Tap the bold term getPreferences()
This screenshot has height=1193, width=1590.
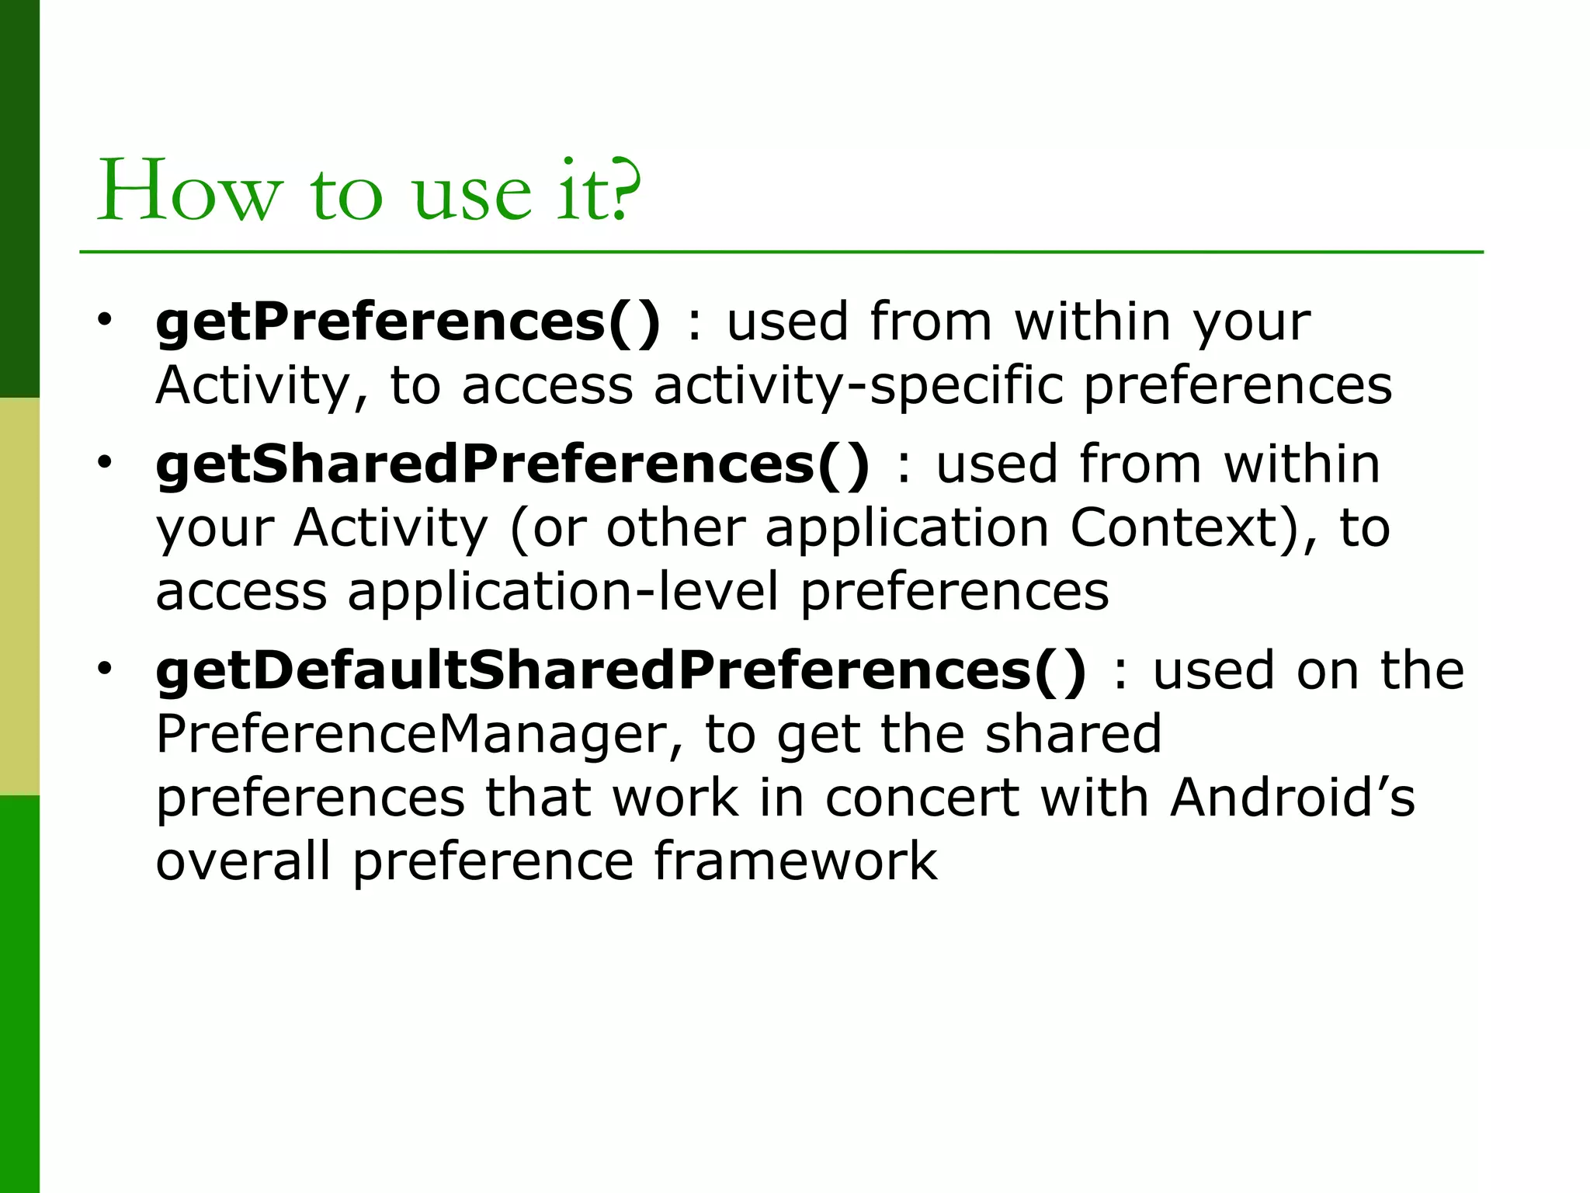[x=408, y=322]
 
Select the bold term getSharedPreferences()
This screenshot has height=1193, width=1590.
[x=512, y=464]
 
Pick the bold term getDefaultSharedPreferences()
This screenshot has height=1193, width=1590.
[x=621, y=670]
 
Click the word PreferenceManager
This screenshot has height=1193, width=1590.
[x=419, y=734]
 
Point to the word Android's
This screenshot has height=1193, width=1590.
[x=1292, y=798]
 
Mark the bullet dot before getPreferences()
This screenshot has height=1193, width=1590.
[x=105, y=319]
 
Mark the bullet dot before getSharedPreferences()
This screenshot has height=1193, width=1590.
[x=105, y=462]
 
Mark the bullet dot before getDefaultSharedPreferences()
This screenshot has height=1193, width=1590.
[x=105, y=668]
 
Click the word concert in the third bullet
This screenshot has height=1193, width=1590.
[x=921, y=799]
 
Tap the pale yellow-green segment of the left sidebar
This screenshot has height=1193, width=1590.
[x=19, y=596]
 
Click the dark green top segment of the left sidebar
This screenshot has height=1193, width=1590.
[x=19, y=198]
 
